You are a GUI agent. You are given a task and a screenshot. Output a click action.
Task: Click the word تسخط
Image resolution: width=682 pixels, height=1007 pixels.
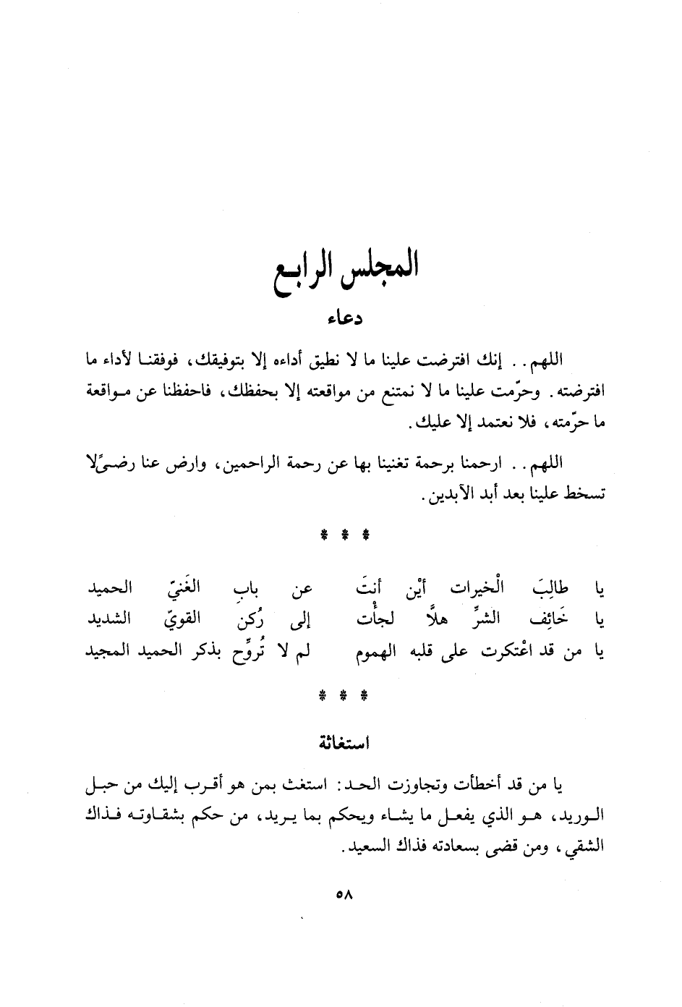tap(586, 497)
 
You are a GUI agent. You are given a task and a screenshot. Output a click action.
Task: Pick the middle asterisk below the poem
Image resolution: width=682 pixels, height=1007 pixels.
tap(343, 698)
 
